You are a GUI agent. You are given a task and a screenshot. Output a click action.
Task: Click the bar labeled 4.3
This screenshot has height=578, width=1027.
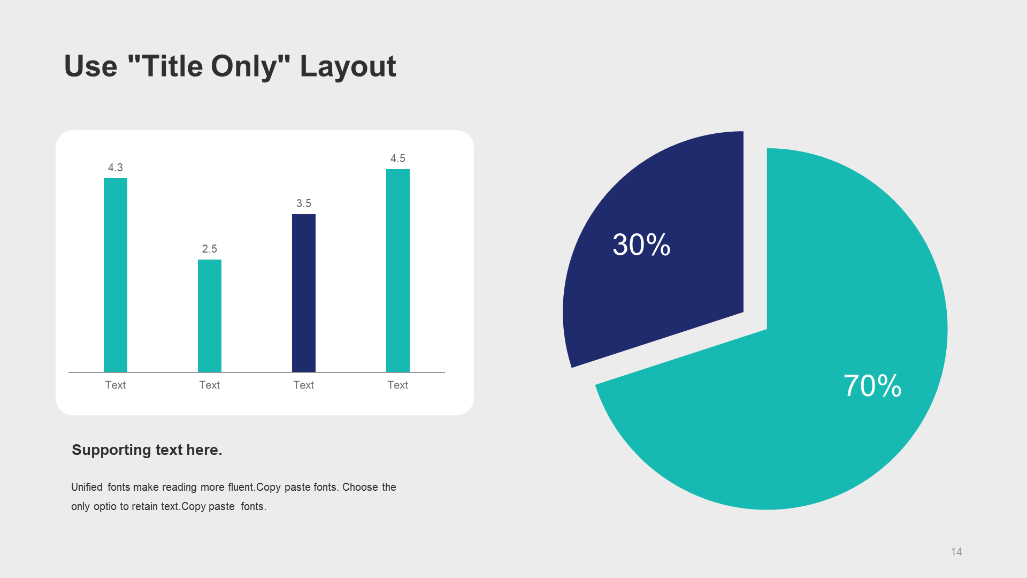tap(116, 275)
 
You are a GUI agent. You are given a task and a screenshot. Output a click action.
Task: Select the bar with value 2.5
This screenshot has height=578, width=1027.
tap(210, 316)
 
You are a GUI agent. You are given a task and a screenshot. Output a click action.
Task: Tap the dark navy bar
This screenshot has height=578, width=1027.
tap(304, 293)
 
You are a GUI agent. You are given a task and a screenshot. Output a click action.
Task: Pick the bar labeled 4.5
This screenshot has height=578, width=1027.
tap(398, 270)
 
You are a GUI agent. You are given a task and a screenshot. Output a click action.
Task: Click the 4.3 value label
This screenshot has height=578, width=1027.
tap(116, 168)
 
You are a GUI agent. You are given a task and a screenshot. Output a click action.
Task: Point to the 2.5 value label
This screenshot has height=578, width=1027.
tap(210, 249)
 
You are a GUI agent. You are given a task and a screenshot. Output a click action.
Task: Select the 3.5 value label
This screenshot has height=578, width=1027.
tap(304, 203)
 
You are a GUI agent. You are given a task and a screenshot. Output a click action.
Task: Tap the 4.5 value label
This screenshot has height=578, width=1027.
tap(398, 158)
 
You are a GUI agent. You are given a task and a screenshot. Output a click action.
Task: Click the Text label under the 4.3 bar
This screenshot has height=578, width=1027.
tap(116, 385)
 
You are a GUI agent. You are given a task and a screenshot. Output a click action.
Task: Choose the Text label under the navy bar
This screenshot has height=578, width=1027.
tap(304, 385)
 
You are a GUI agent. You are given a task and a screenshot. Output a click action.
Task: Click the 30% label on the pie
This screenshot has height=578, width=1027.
tap(641, 245)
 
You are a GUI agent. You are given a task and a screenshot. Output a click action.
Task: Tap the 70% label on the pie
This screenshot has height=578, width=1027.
tap(872, 386)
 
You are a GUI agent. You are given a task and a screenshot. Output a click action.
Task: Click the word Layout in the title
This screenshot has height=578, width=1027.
tap(348, 67)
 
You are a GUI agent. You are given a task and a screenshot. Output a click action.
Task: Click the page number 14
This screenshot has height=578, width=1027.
tap(956, 552)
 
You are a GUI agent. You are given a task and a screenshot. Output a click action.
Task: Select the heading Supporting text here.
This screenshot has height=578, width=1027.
tap(147, 450)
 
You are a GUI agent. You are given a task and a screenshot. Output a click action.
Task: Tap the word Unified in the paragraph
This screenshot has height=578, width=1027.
tap(87, 487)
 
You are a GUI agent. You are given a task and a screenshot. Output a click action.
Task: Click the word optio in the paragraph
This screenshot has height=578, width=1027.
tap(105, 506)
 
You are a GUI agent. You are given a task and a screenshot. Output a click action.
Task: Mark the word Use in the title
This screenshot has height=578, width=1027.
tap(90, 67)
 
